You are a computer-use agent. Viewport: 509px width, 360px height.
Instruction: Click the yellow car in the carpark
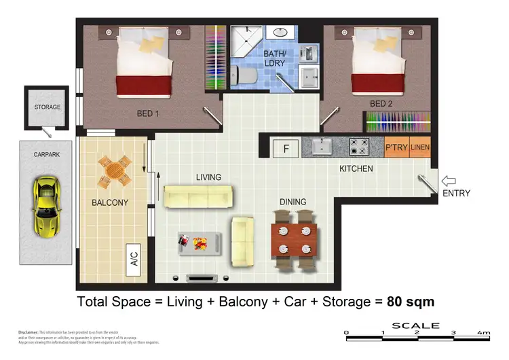pyautogui.click(x=45, y=206)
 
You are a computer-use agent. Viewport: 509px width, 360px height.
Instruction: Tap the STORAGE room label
pyautogui.click(x=48, y=107)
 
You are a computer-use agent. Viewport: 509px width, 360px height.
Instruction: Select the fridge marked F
pyautogui.click(x=286, y=147)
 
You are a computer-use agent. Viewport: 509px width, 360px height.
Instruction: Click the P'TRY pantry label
pyautogui.click(x=396, y=147)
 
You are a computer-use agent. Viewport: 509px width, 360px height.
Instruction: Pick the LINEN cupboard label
pyautogui.click(x=419, y=147)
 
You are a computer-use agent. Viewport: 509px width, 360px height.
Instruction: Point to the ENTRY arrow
pyautogui.click(x=449, y=181)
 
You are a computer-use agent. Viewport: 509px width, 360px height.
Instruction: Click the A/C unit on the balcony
pyautogui.click(x=134, y=259)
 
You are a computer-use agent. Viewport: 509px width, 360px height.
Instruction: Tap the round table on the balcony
pyautogui.click(x=113, y=171)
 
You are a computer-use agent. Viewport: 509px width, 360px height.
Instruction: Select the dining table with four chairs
pyautogui.click(x=295, y=239)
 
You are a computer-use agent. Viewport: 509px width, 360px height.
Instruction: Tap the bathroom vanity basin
pyautogui.click(x=279, y=33)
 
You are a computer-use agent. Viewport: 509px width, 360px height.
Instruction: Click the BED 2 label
pyautogui.click(x=381, y=104)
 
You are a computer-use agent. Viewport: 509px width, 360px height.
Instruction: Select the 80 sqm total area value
pyautogui.click(x=410, y=301)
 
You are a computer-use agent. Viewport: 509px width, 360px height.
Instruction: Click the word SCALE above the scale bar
pyautogui.click(x=416, y=326)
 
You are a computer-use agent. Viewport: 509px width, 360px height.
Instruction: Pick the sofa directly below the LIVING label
pyautogui.click(x=198, y=196)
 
